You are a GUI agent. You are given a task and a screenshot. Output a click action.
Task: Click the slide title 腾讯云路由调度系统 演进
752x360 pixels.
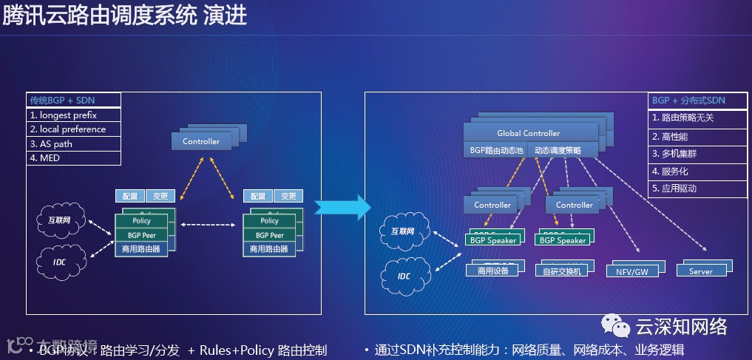pyautogui.click(x=124, y=16)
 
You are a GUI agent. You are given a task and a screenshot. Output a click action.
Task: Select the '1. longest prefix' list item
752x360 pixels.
pyautogui.click(x=73, y=115)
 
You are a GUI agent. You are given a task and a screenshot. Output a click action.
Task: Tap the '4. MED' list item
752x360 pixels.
pyautogui.click(x=73, y=158)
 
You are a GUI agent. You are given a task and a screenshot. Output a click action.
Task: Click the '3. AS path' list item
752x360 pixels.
pyautogui.click(x=73, y=144)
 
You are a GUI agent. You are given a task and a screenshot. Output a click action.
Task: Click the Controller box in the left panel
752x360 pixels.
pyautogui.click(x=201, y=140)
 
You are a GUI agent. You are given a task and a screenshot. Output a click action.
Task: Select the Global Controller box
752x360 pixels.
pyautogui.click(x=529, y=133)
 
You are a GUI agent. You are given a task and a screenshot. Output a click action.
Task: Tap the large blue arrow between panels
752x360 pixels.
pyautogui.click(x=341, y=208)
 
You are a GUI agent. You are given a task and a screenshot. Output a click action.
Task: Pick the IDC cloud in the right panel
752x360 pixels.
pyautogui.click(x=404, y=276)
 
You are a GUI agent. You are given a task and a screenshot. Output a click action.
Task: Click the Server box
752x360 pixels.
pyautogui.click(x=700, y=271)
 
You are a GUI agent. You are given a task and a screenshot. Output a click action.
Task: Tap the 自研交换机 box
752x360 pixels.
pyautogui.click(x=562, y=271)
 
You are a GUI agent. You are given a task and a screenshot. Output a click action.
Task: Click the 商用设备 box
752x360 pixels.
pyautogui.click(x=493, y=271)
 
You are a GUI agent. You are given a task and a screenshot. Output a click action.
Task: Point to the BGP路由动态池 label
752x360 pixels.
pyautogui.click(x=496, y=150)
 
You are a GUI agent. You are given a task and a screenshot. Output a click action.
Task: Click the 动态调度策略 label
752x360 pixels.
pyautogui.click(x=558, y=150)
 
